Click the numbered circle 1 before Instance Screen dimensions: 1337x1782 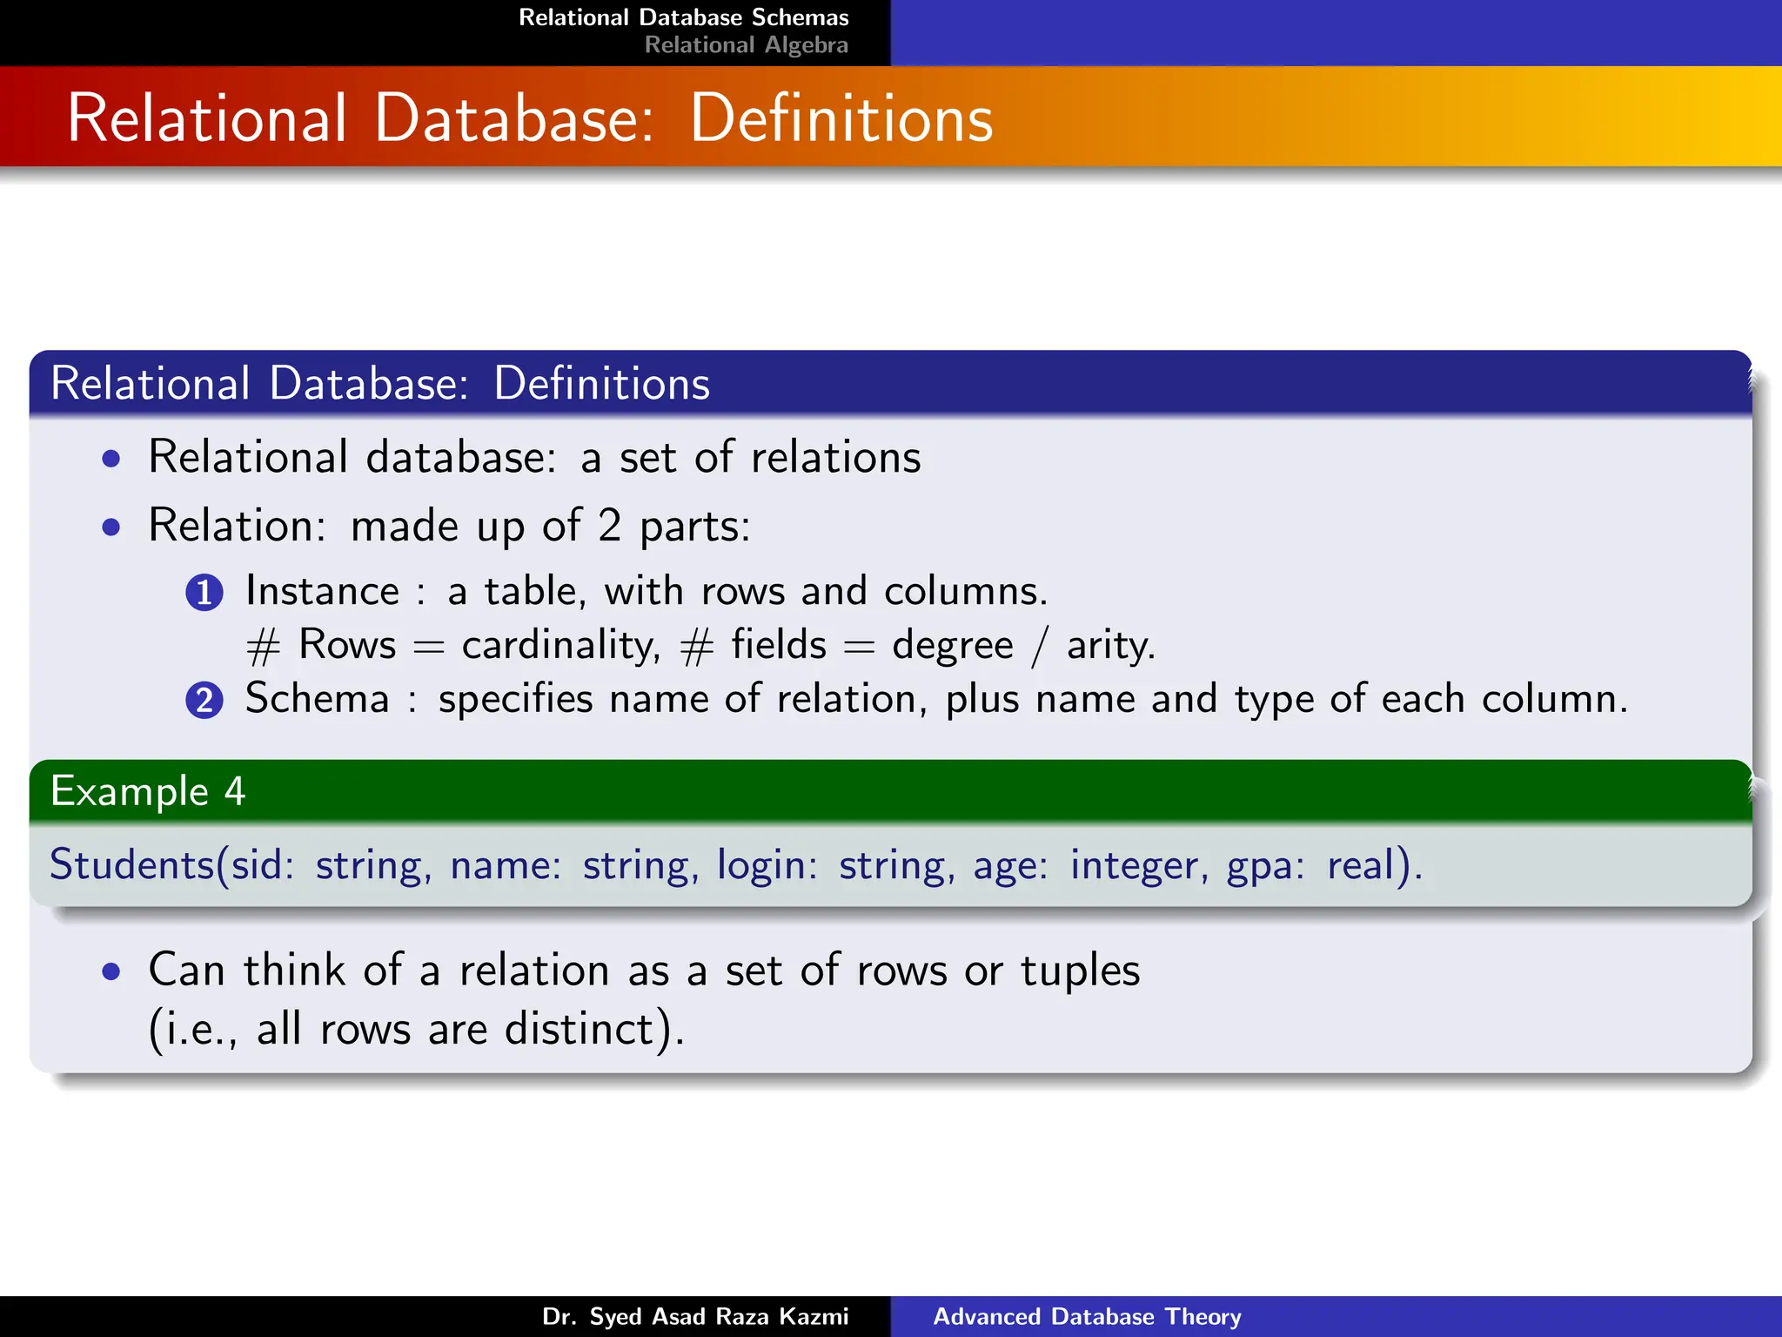204,593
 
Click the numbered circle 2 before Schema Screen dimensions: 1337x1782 204,701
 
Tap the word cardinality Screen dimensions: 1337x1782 560,646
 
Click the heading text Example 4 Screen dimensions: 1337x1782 148,791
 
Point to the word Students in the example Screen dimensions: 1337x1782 131,865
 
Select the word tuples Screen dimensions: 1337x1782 1080,971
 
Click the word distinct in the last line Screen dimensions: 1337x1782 579,1029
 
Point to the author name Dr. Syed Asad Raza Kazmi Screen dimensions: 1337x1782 695,1316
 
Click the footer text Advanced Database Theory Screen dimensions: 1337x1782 1087,1316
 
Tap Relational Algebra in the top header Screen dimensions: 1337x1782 746,45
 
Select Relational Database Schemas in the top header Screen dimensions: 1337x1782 683,17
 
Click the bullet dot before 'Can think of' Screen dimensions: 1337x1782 111,971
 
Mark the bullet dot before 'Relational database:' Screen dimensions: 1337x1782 111,459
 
